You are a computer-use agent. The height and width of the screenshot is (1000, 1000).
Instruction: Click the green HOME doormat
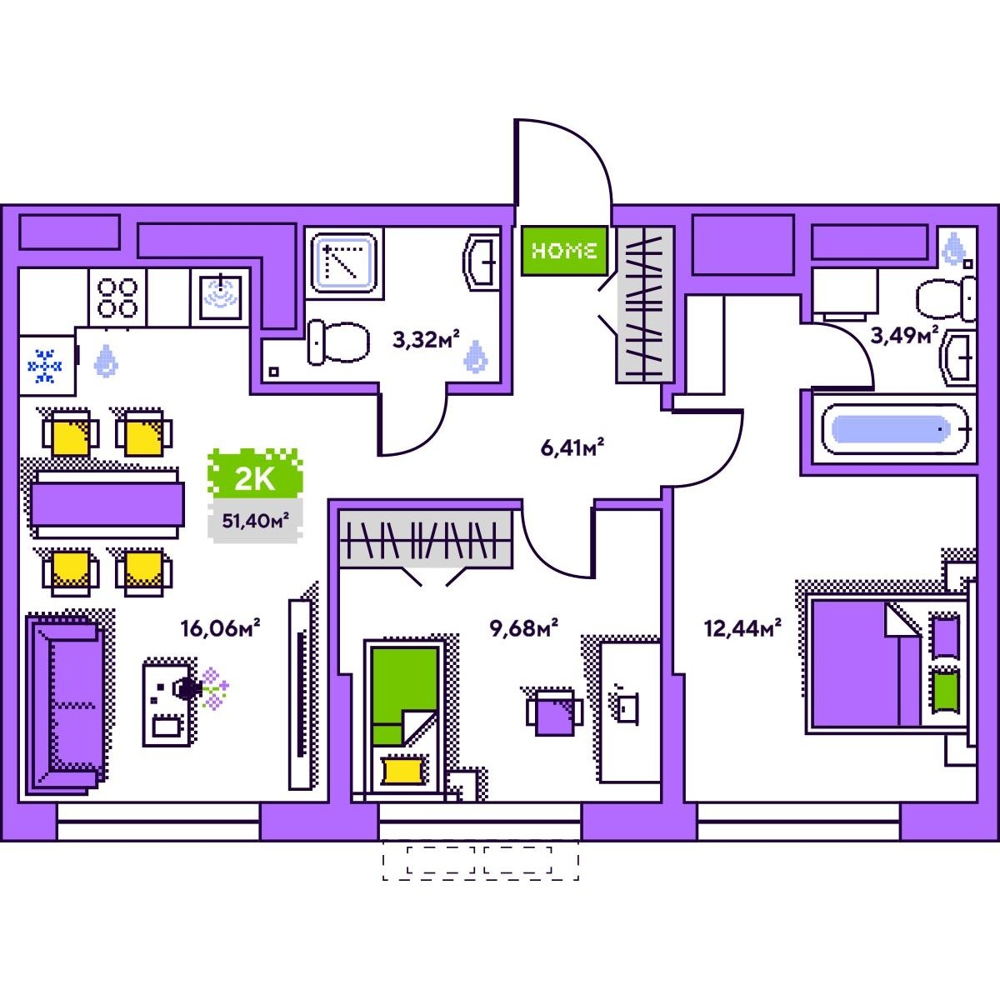tap(563, 250)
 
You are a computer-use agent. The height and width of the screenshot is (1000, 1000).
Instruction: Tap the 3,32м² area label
tap(426, 339)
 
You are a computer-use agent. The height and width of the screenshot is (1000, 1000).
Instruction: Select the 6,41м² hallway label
tap(572, 447)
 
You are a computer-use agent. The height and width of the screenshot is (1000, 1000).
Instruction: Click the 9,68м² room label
tap(523, 627)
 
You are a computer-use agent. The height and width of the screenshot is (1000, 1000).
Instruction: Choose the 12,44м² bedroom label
tap(742, 627)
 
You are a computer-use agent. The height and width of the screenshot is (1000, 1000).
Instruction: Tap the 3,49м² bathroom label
tap(904, 336)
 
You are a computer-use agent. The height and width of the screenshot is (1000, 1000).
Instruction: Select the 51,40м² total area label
tap(255, 522)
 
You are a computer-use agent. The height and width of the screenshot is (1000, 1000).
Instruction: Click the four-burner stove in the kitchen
tap(117, 297)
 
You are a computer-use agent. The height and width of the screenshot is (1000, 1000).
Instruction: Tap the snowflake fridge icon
tap(45, 366)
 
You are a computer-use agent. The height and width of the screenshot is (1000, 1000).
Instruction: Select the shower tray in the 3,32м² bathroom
tap(343, 262)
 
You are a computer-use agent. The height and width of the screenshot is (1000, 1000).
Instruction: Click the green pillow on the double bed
tap(943, 690)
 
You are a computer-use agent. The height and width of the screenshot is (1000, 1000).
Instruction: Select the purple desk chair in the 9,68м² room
tap(553, 713)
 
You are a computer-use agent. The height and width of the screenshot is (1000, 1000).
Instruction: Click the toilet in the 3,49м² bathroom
tap(947, 299)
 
